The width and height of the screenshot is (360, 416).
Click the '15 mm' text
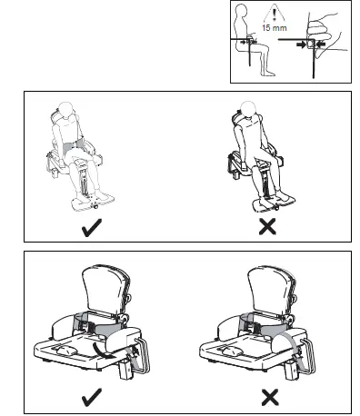click(x=267, y=28)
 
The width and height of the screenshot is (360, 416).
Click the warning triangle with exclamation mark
click(x=267, y=15)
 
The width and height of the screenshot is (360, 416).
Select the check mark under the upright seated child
click(x=92, y=229)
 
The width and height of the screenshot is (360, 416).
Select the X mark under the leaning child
click(x=267, y=229)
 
